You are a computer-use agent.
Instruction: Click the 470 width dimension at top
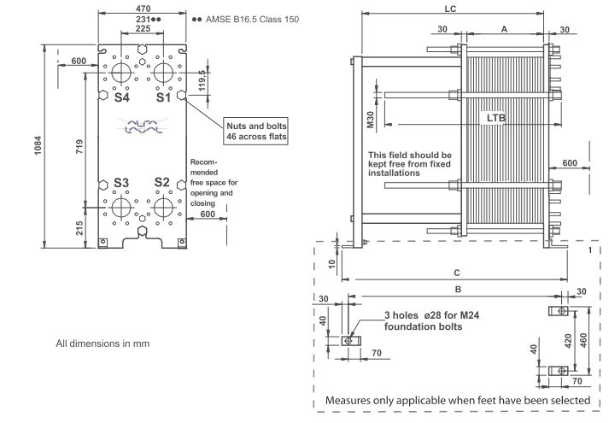point(143,7)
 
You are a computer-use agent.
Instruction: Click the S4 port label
point(124,98)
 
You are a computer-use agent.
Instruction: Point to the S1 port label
point(163,98)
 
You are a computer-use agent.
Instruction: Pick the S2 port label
point(162,183)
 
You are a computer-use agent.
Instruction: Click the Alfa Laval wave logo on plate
point(143,129)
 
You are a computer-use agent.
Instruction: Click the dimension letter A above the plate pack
point(504,28)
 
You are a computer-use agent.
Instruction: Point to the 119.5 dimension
point(202,82)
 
